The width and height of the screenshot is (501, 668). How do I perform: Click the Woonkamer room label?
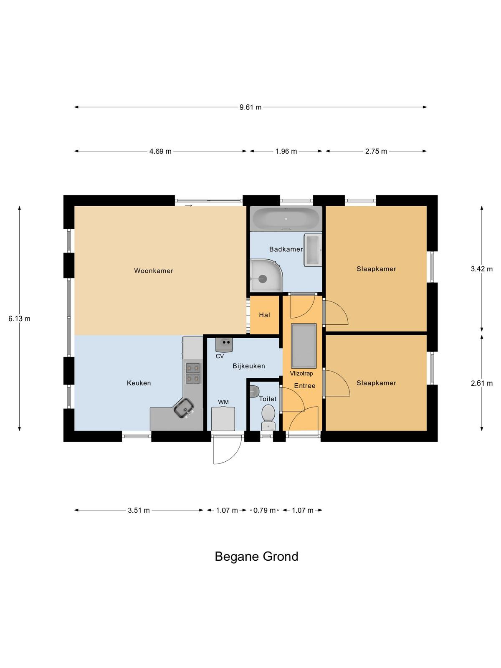pyautogui.click(x=154, y=271)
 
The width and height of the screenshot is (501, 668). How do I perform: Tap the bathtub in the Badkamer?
pyautogui.click(x=286, y=218)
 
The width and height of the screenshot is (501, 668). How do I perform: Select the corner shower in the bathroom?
pyautogui.click(x=266, y=275)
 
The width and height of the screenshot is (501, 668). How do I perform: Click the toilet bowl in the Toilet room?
pyautogui.click(x=268, y=417)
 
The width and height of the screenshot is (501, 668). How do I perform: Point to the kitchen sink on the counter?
pyautogui.click(x=184, y=408)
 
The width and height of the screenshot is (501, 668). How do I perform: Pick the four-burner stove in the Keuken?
pyautogui.click(x=193, y=373)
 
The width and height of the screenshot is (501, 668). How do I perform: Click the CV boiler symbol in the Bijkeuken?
pyautogui.click(x=224, y=344)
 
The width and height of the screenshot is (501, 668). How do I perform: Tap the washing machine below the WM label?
pyautogui.click(x=223, y=419)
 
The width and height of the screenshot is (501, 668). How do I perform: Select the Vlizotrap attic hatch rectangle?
pyautogui.click(x=304, y=345)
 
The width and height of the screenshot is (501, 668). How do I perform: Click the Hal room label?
pyautogui.click(x=264, y=315)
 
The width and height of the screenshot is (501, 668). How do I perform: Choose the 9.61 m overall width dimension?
pyautogui.click(x=250, y=107)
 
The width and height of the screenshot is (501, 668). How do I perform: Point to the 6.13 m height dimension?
pyautogui.click(x=20, y=318)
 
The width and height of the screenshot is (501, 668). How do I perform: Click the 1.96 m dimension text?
pyautogui.click(x=286, y=151)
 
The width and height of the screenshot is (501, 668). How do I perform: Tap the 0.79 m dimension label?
pyautogui.click(x=264, y=510)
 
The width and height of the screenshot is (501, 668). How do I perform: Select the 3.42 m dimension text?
pyautogui.click(x=481, y=269)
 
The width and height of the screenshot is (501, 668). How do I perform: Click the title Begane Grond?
pyautogui.click(x=256, y=556)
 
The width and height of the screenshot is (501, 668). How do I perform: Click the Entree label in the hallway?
pyautogui.click(x=304, y=386)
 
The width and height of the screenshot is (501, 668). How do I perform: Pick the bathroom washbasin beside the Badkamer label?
pyautogui.click(x=313, y=250)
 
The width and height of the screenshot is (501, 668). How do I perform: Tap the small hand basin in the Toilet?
pyautogui.click(x=254, y=391)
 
